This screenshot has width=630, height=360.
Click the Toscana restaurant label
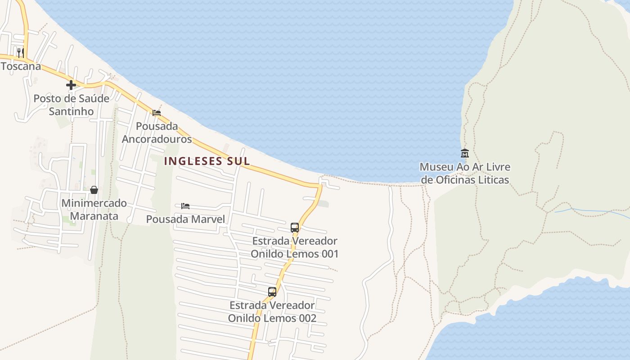point(21,66)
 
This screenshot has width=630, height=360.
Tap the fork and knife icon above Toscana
point(20,53)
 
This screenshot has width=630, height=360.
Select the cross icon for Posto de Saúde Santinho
point(71,85)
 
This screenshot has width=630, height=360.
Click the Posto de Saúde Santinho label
point(72,105)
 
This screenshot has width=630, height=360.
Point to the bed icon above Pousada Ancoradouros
point(157,112)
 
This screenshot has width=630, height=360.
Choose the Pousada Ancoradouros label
point(157,133)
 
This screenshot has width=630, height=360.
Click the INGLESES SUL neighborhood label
point(207,161)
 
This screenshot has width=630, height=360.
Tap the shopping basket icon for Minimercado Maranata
point(94,190)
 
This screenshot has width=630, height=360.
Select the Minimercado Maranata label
point(94,210)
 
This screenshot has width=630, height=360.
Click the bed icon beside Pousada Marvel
point(185,206)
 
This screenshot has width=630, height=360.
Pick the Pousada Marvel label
point(185,219)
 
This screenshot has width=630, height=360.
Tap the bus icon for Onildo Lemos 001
point(295,227)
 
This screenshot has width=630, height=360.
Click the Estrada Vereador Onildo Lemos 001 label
point(295,247)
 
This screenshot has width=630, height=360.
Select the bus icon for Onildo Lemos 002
point(272,292)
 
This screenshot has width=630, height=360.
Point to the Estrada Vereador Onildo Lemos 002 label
point(272,312)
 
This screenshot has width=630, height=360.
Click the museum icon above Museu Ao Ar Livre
point(465,153)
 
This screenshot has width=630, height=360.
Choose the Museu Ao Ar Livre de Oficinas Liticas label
point(465,173)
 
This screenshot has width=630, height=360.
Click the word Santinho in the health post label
point(72,112)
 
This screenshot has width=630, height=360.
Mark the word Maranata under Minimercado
point(94,216)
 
